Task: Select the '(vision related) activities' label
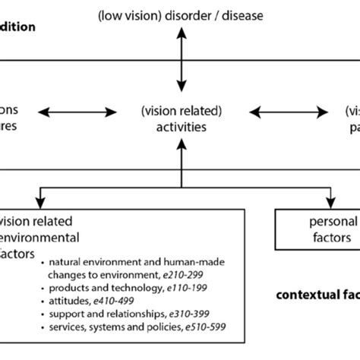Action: coord(181,119)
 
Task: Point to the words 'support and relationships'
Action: coord(109,314)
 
